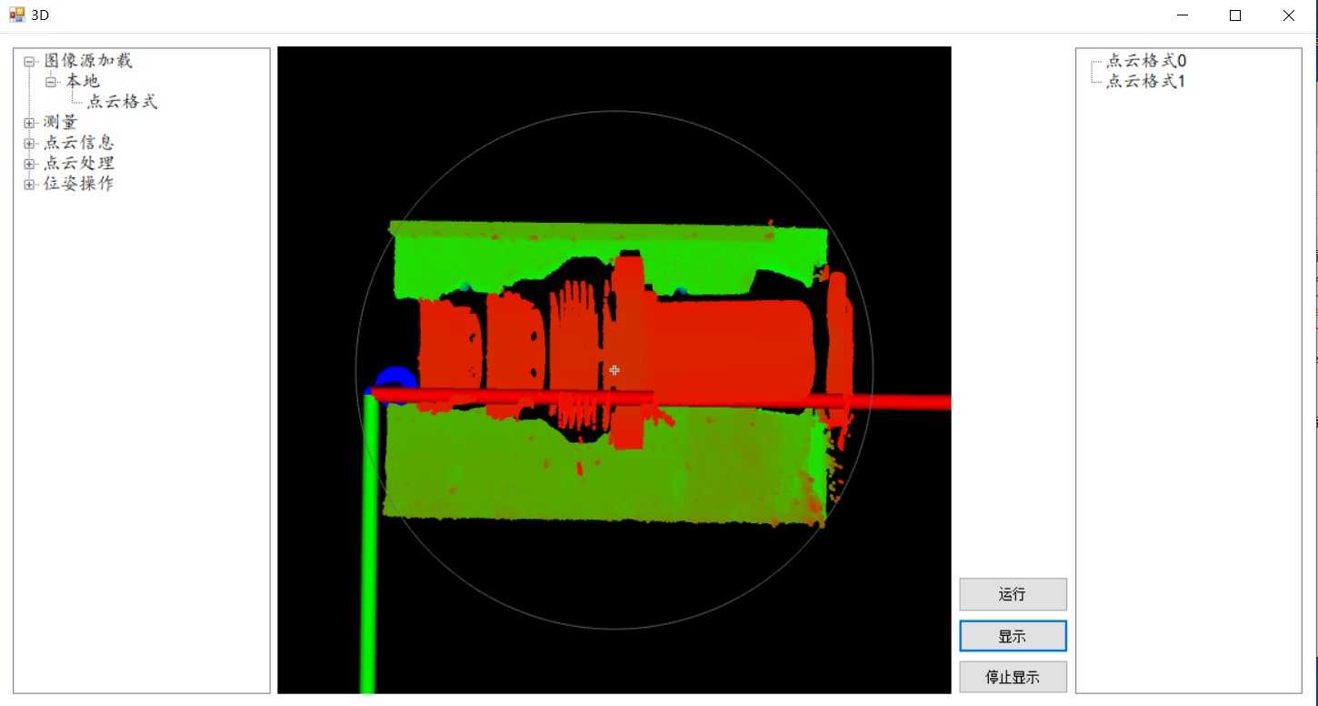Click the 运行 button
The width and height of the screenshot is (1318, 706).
(1013, 594)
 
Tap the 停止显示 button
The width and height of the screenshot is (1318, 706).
(1013, 677)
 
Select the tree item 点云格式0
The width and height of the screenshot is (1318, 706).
(1146, 61)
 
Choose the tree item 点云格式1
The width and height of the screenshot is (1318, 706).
(1145, 81)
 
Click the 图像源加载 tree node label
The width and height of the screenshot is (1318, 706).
(88, 61)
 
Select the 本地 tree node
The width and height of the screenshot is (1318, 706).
(83, 81)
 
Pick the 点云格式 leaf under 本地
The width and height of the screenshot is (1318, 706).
(123, 102)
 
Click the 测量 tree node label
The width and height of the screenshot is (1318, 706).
(61, 123)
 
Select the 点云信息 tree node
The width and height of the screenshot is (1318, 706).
(79, 143)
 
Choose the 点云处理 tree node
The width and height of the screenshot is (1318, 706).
(79, 164)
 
